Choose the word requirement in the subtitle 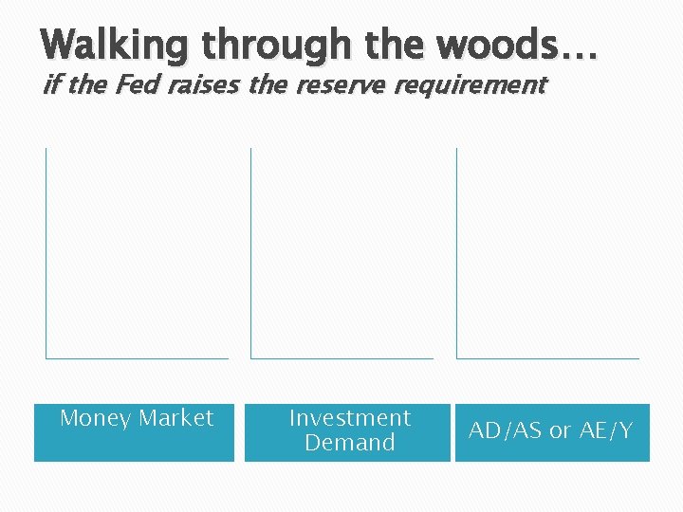[x=471, y=85]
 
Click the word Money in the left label [x=95, y=418]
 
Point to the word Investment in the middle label [x=349, y=418]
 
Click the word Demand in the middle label [x=349, y=443]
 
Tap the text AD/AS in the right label [x=506, y=430]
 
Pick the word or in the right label [x=561, y=430]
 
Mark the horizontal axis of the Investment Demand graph [x=341, y=358]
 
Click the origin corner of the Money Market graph [x=46, y=358]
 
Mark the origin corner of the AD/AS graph [x=456, y=358]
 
